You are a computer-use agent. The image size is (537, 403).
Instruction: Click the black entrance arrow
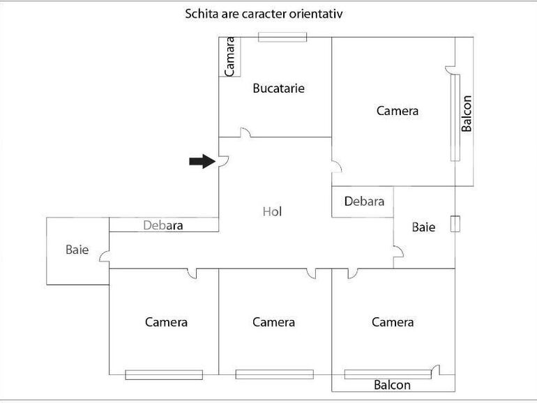coord(202,162)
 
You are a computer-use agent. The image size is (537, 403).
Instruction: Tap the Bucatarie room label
coord(278,89)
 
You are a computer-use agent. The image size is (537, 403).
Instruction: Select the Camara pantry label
coord(229,56)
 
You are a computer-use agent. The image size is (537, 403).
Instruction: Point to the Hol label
coord(272,211)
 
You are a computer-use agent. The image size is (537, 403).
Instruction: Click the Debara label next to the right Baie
coord(364,201)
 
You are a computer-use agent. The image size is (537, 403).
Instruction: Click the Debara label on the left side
coord(162,225)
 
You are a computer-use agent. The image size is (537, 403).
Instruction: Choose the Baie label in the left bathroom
coord(77,249)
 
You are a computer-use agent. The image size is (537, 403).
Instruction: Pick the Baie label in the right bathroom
coord(423,227)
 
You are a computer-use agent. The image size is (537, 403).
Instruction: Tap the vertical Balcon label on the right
coord(467,113)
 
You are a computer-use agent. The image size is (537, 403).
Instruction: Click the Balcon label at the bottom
coord(392,385)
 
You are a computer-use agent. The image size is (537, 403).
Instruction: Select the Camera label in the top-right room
coord(398,110)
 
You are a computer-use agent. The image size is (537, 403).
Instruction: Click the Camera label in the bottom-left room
coord(166,322)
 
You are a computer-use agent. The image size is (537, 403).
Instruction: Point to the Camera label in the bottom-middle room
coord(273,322)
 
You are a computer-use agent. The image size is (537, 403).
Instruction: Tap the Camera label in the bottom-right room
coord(393,322)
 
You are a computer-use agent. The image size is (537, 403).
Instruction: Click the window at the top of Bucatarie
coord(282,37)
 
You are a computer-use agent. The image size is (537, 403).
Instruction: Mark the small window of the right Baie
coord(455,225)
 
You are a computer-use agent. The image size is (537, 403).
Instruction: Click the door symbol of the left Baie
coord(105,256)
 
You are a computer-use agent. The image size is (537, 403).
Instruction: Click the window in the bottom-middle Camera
coord(274,374)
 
